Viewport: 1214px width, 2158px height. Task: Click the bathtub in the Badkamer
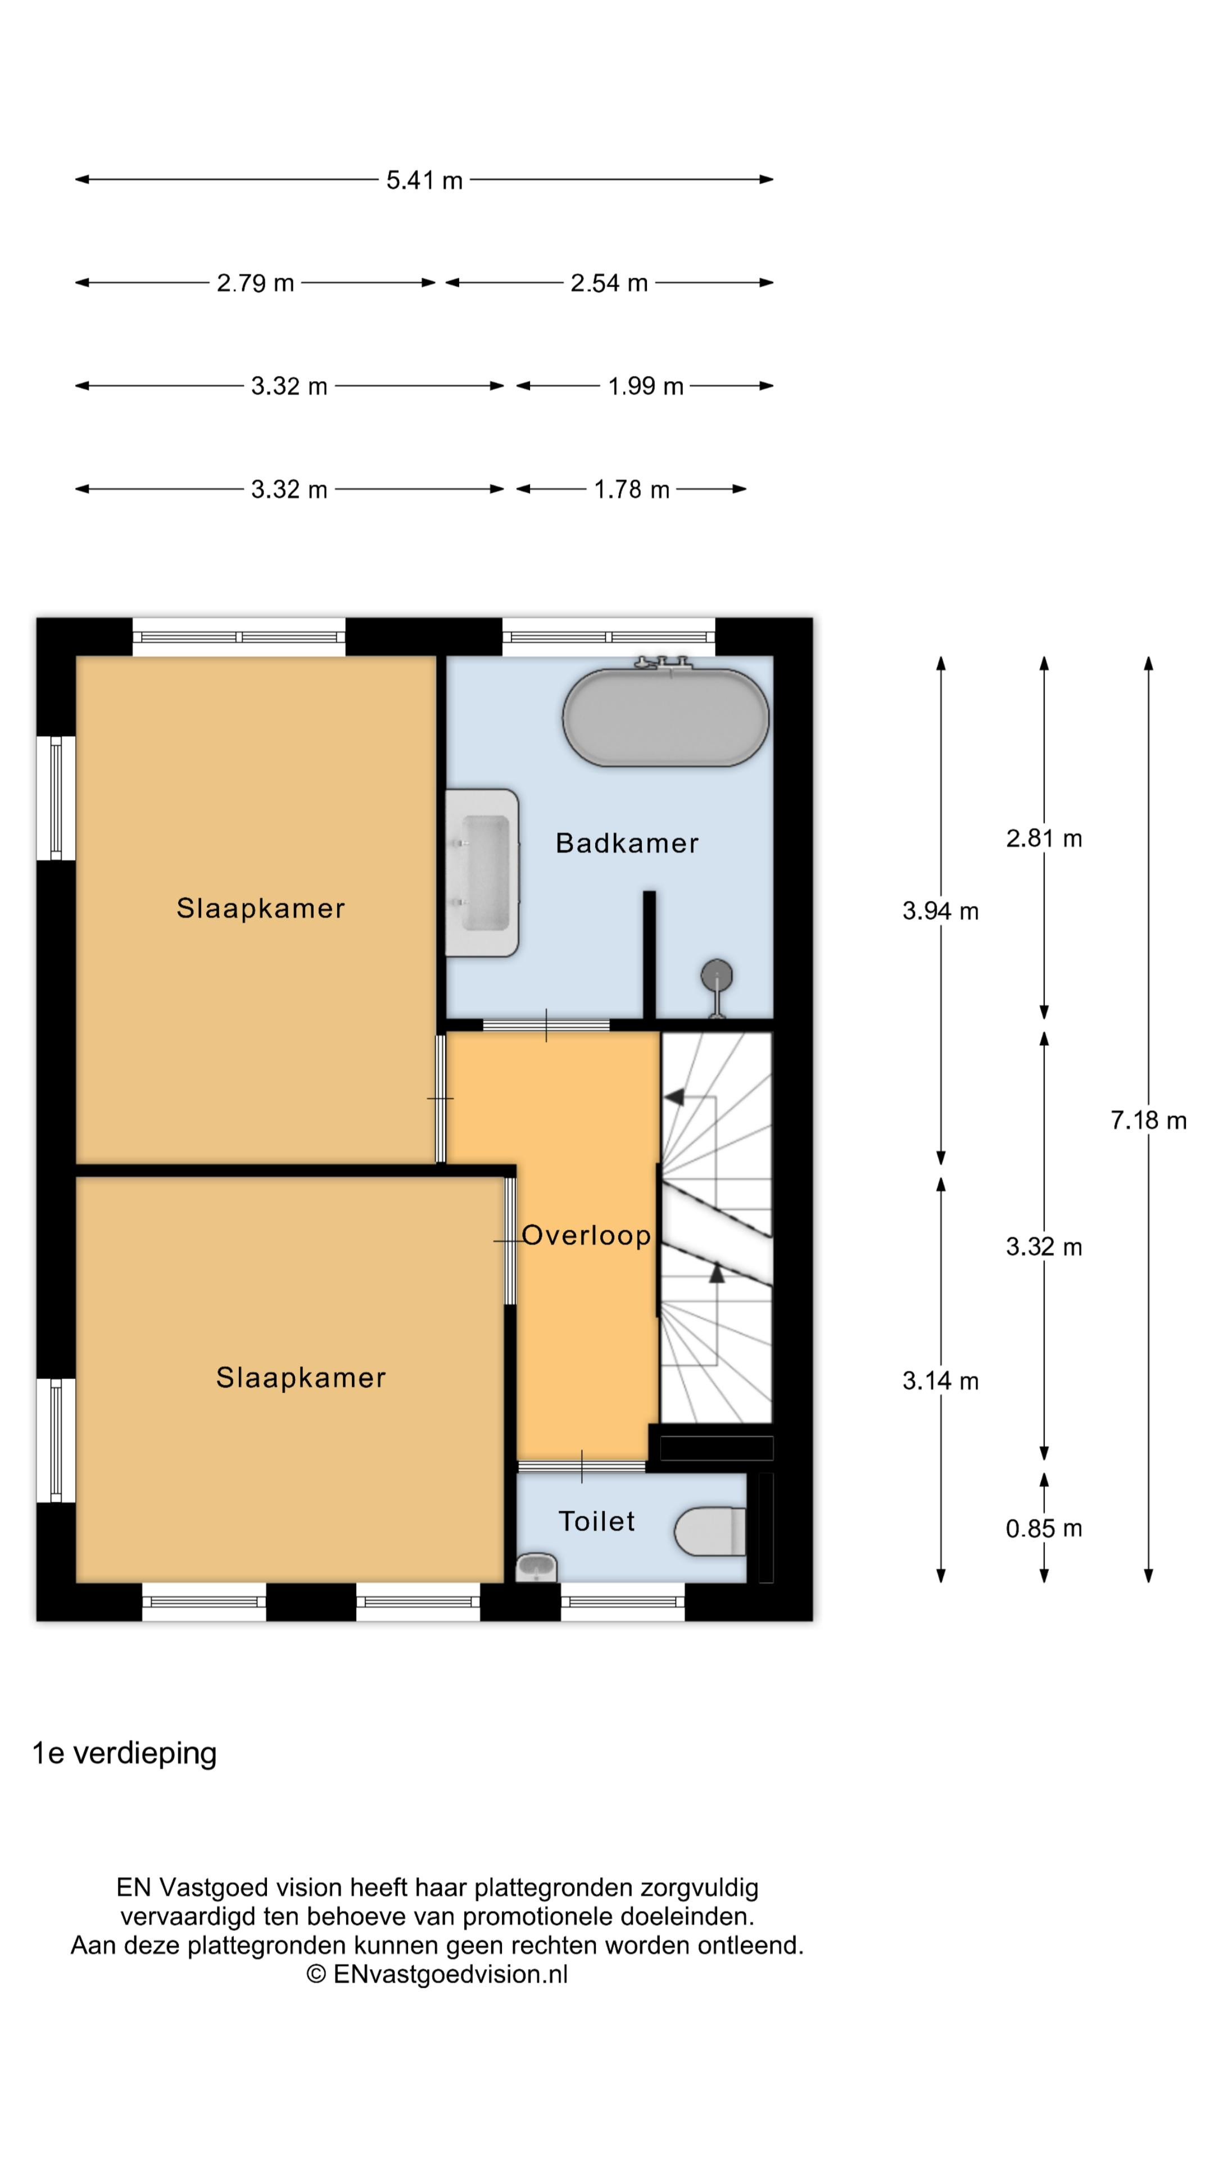point(665,717)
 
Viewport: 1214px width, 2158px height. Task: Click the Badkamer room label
point(627,843)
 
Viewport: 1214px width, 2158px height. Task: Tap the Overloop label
point(586,1235)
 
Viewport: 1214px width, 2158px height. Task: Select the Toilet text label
point(596,1521)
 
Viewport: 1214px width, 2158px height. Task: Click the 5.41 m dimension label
point(424,180)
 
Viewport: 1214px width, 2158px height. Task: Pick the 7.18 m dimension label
point(1148,1120)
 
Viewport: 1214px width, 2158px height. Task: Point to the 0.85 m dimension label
point(1043,1529)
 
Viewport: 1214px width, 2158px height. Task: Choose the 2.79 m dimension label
point(256,283)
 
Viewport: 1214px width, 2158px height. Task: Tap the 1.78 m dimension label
point(632,489)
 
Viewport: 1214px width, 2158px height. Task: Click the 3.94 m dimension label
point(940,910)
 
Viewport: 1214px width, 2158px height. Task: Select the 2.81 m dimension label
point(1044,838)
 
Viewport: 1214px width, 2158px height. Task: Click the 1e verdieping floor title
point(124,1753)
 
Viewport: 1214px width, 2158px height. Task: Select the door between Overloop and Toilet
point(582,1466)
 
